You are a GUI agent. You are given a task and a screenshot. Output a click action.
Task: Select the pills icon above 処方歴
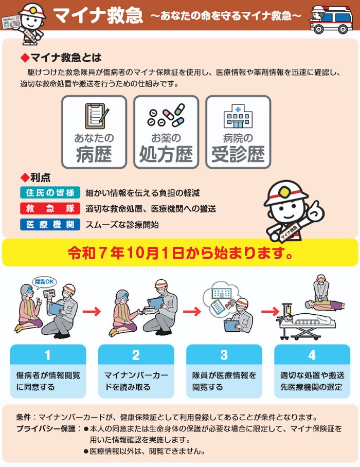click(166, 115)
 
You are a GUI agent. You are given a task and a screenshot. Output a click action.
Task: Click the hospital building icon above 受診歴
click(238, 116)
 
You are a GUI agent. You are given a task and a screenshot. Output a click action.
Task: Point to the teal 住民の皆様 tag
click(50, 193)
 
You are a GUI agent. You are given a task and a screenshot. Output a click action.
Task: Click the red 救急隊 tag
click(50, 208)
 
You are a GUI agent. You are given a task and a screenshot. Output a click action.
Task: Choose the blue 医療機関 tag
click(50, 224)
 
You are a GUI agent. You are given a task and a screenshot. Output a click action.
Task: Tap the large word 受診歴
click(238, 154)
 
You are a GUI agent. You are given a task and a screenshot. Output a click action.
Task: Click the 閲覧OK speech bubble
click(44, 282)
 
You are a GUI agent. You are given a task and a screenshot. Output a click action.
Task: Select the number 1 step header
click(48, 355)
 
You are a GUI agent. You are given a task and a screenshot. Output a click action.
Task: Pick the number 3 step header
click(224, 355)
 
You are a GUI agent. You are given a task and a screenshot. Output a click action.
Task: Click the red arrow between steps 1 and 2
click(92, 312)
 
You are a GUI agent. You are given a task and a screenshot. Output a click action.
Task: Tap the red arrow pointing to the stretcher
click(270, 312)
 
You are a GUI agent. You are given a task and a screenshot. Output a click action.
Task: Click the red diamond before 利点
click(24, 178)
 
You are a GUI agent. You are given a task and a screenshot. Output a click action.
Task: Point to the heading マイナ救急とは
click(65, 58)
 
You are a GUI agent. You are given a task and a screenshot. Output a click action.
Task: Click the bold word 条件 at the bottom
click(23, 417)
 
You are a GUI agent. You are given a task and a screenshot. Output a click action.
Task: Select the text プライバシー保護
click(46, 429)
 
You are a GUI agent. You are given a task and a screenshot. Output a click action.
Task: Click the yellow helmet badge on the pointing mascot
click(285, 192)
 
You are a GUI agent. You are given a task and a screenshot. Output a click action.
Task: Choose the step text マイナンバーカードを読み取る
click(136, 381)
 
